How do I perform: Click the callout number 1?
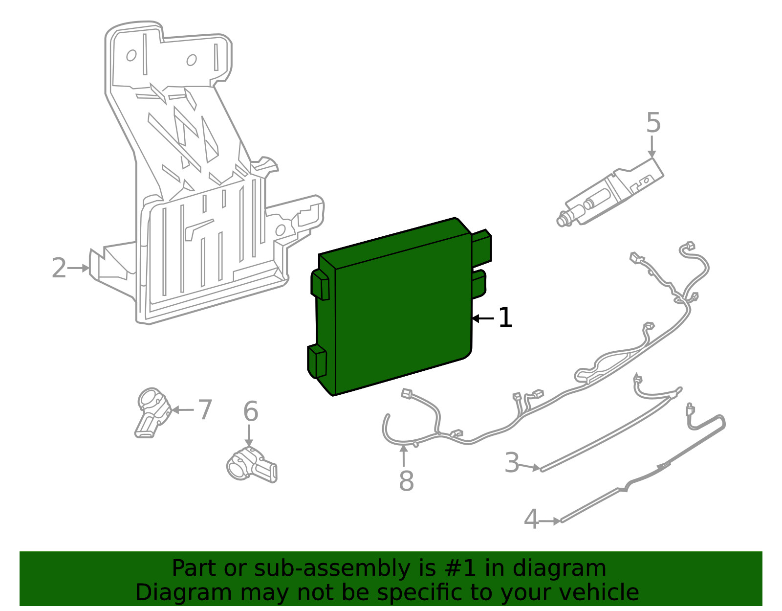pyautogui.click(x=505, y=317)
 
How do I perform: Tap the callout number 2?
pyautogui.click(x=59, y=268)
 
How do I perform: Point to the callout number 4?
pyautogui.click(x=531, y=519)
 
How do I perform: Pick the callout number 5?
pyautogui.click(x=653, y=122)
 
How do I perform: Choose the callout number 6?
pyautogui.click(x=251, y=411)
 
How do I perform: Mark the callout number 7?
pyautogui.click(x=205, y=409)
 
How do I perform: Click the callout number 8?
pyautogui.click(x=406, y=481)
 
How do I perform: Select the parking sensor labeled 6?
pyautogui.click(x=252, y=464)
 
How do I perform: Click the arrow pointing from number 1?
pyautogui.click(x=482, y=318)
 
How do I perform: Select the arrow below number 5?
pyautogui.click(x=652, y=147)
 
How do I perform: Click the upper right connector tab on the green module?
pyautogui.click(x=482, y=247)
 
